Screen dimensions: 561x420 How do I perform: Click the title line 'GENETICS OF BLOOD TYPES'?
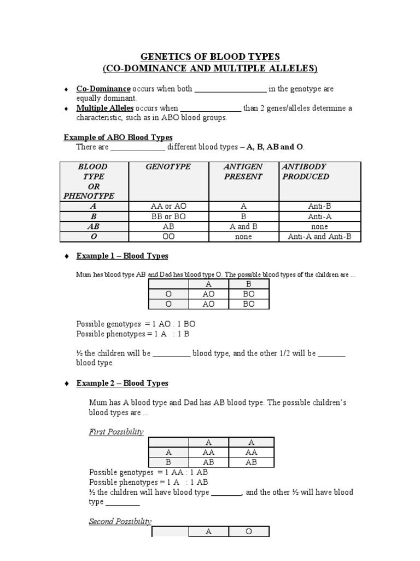tap(210, 56)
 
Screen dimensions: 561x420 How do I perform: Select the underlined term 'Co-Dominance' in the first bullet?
tap(103, 89)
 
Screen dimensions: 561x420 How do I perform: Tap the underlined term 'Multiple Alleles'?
tap(104, 108)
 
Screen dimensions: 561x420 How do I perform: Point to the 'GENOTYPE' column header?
tap(168, 167)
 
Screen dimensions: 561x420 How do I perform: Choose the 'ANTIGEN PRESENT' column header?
tap(243, 171)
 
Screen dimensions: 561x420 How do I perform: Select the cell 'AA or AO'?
tap(168, 207)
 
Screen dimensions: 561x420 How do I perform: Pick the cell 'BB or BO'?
tap(168, 216)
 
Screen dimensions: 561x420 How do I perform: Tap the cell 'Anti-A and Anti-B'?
tap(319, 237)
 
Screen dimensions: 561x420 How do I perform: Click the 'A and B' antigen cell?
tap(243, 227)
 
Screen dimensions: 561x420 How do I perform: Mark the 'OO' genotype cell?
tap(168, 237)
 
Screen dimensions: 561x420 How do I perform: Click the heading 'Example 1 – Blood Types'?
tap(122, 256)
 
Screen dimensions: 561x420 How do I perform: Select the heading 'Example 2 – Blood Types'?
tap(122, 383)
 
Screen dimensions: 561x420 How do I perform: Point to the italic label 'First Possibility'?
tap(116, 432)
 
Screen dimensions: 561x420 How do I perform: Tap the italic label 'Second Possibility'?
tap(120, 522)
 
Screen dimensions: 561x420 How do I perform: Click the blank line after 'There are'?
tap(138, 147)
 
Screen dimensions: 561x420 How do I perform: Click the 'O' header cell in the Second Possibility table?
tap(249, 532)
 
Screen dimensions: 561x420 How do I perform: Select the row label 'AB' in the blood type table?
tap(94, 227)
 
